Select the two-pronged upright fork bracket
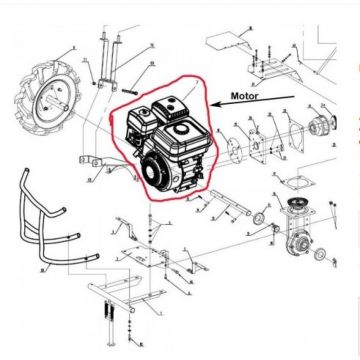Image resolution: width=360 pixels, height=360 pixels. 106,56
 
